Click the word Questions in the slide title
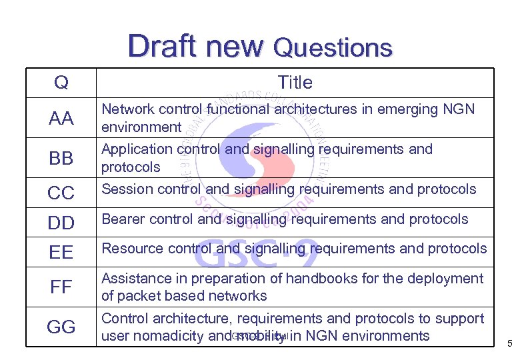pos(333,48)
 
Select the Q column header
pos(61,83)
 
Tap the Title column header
pos(295,83)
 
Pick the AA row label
pos(61,119)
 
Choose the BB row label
pos(61,159)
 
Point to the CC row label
pos(61,193)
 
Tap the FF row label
pos(61,287)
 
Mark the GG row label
pos(61,327)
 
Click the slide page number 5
pos(509,345)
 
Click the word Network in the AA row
pos(127,109)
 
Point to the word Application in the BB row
pos(136,149)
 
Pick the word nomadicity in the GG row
pos(169,336)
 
